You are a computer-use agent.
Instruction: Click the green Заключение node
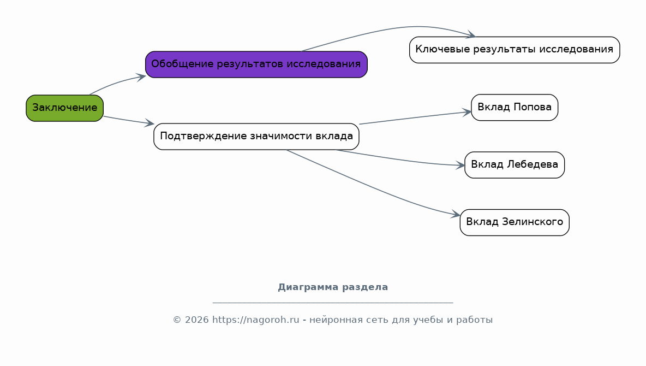click(x=65, y=108)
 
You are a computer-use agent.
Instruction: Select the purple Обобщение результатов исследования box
click(x=256, y=64)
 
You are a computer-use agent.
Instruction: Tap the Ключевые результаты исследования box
click(x=515, y=50)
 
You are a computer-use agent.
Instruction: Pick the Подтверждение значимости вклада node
click(x=256, y=137)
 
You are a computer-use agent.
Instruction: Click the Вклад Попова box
click(x=515, y=107)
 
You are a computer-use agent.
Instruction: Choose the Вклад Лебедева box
click(x=515, y=165)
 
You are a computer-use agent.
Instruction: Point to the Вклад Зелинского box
click(x=515, y=222)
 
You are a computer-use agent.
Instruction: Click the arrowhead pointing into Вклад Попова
click(x=467, y=112)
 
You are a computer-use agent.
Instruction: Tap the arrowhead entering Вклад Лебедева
click(x=460, y=165)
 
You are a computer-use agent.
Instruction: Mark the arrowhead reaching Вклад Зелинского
click(x=456, y=214)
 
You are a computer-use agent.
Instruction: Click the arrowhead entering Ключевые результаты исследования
click(x=471, y=35)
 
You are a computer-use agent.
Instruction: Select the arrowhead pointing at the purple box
click(x=141, y=77)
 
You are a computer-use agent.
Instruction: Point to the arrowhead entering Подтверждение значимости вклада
click(x=149, y=122)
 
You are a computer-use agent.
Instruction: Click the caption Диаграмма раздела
click(x=333, y=287)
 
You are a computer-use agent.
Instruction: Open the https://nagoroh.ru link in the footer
click(x=255, y=320)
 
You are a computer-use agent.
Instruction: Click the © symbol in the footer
click(x=177, y=320)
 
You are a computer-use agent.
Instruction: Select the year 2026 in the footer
click(x=196, y=320)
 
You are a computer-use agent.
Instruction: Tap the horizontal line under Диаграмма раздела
click(x=333, y=303)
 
